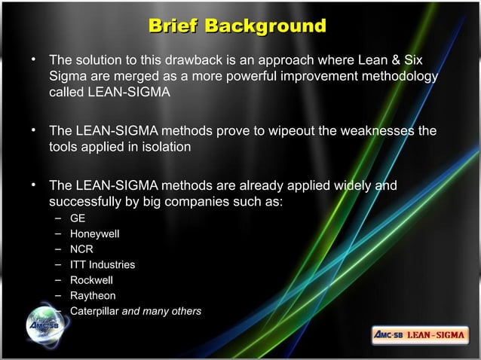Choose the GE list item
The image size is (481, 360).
pyautogui.click(x=78, y=219)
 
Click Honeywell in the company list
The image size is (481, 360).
pyautogui.click(x=95, y=234)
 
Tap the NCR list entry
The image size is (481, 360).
pyautogui.click(x=81, y=249)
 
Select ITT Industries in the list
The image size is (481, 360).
pyautogui.click(x=103, y=265)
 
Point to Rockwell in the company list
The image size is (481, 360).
pyautogui.click(x=90, y=280)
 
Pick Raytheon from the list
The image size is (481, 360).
pyautogui.click(x=93, y=296)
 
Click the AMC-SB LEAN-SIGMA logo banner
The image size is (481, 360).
pyautogui.click(x=420, y=334)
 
